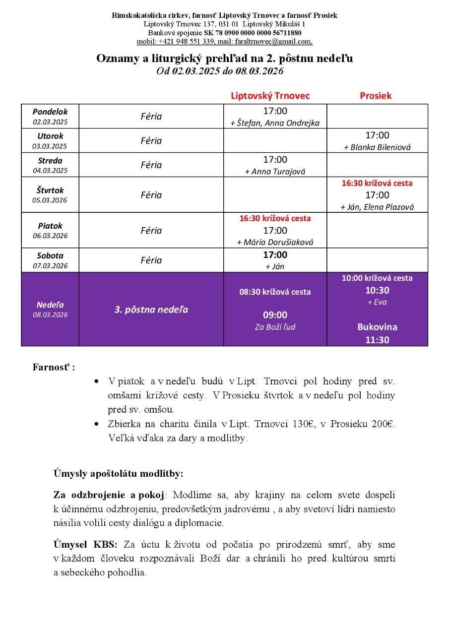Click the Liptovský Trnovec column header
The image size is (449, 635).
coord(270,96)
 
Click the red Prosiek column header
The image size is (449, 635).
coord(376,96)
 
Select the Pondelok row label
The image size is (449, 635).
coord(50,112)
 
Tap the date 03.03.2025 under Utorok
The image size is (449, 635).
coord(50,146)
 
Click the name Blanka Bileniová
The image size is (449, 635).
coord(377,147)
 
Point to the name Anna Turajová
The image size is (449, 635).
coord(275,172)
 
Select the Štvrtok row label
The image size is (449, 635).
coord(50,190)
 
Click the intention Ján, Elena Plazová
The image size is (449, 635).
coord(377,207)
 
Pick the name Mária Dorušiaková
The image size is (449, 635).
coord(275,243)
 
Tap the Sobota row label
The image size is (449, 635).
coord(50,255)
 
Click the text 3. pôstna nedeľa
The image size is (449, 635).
coord(151,310)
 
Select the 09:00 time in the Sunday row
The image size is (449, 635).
coord(275,315)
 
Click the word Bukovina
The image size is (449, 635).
coord(377,327)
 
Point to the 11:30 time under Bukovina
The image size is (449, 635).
coord(377,340)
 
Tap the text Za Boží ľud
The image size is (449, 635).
coord(275,327)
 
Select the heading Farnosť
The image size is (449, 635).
coord(53,368)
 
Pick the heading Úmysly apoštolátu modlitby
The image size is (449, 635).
coord(118,473)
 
